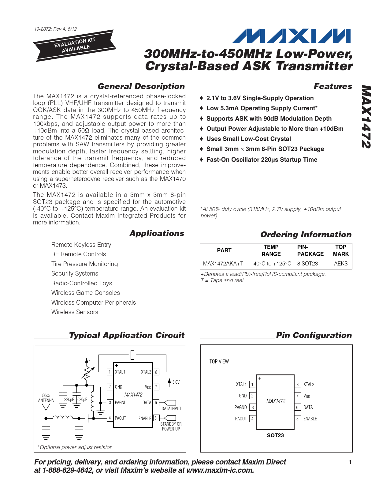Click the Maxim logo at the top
click(x=291, y=36)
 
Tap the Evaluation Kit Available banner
click(x=75, y=45)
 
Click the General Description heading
click(x=141, y=86)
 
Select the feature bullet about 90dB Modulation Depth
click(x=269, y=118)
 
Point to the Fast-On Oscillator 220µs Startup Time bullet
click(x=262, y=160)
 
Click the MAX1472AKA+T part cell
click(x=223, y=264)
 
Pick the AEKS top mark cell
click(x=340, y=264)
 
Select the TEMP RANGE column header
click(x=271, y=250)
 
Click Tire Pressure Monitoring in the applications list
click(x=84, y=264)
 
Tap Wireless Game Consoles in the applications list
click(x=85, y=293)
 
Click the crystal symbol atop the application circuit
click(x=132, y=355)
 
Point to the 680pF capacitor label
click(x=82, y=400)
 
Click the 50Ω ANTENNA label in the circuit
click(x=46, y=398)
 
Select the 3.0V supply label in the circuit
click(x=176, y=382)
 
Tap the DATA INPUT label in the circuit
click(x=171, y=409)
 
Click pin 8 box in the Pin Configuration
click(x=297, y=385)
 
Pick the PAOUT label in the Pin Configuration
click(x=241, y=419)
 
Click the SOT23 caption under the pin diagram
click(x=275, y=435)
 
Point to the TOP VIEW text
click(x=219, y=362)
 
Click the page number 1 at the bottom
click(x=350, y=462)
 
